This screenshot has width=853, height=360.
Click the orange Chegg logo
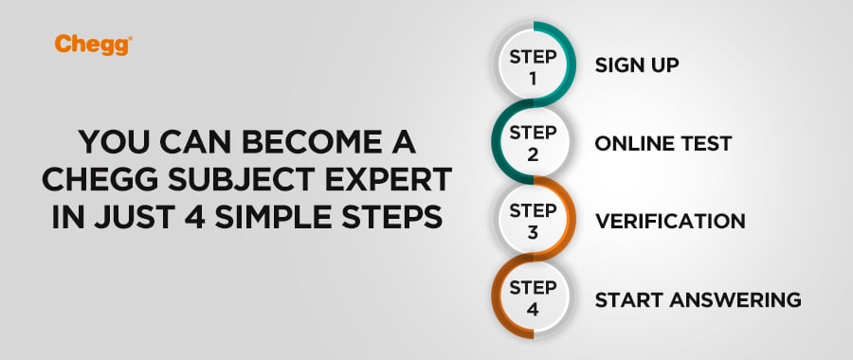click(93, 45)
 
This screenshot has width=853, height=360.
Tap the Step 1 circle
click(533, 64)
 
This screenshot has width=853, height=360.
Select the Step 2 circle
click(533, 142)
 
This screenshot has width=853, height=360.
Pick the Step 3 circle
click(533, 220)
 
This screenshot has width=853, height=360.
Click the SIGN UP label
click(637, 65)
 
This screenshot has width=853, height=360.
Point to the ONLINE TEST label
click(663, 144)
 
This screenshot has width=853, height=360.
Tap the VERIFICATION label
click(670, 222)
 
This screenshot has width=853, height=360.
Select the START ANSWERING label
click(698, 299)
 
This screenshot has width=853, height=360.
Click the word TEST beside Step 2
click(704, 144)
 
